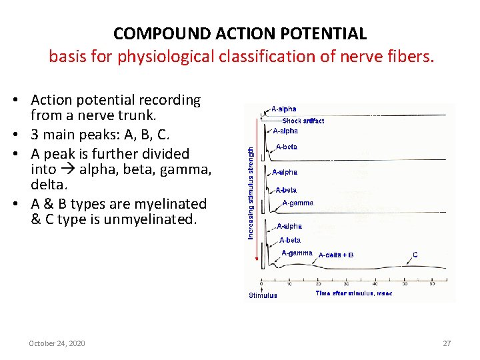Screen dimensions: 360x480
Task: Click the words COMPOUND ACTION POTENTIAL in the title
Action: [x=240, y=33]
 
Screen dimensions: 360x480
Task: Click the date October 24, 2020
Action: [x=57, y=343]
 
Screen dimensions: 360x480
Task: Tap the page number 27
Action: [x=447, y=343]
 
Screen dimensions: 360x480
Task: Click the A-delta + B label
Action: [x=336, y=255]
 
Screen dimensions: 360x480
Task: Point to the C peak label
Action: [x=415, y=254]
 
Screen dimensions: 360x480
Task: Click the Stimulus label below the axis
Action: [x=263, y=295]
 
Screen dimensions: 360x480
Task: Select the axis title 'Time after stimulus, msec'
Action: [x=354, y=293]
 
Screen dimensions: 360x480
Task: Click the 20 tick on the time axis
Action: [x=318, y=283]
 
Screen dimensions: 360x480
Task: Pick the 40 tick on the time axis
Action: [x=375, y=283]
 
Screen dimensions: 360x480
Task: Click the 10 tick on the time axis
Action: [x=289, y=283]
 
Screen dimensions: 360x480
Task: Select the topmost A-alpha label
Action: [x=284, y=109]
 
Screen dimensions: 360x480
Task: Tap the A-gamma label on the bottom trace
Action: [x=297, y=253]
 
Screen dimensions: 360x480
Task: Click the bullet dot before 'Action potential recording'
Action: [x=22, y=101]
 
